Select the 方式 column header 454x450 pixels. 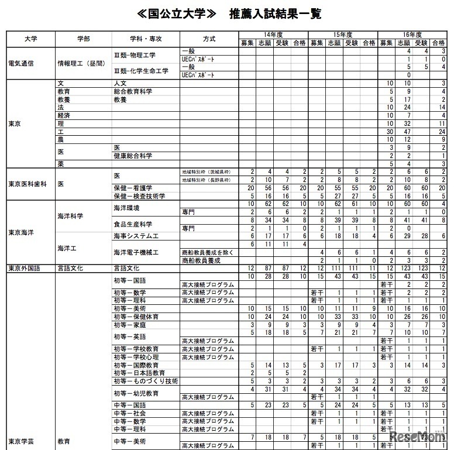click(209, 39)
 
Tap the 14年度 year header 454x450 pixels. click(273, 35)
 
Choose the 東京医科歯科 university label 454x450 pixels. click(27, 183)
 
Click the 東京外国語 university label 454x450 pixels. click(25, 267)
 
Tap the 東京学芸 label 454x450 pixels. click(22, 440)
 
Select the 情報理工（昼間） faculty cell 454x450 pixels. click(80, 63)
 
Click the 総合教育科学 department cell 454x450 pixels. click(133, 92)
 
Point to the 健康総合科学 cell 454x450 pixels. click(133, 156)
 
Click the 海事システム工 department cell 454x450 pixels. click(138, 236)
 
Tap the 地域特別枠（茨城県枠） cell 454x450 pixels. click(207, 171)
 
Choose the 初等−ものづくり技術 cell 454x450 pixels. click(146, 381)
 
